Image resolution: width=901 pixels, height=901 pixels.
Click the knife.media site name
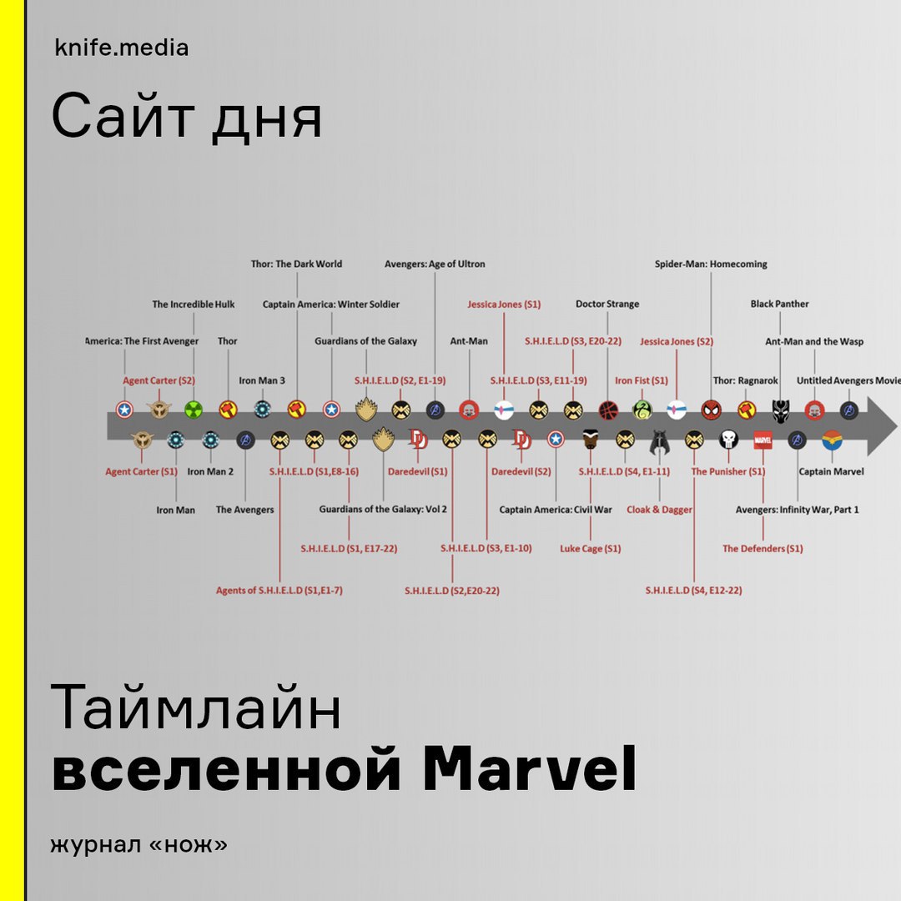pos(121,48)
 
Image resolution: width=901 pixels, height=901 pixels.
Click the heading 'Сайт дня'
pos(187,118)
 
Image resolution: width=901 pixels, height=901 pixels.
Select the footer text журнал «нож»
pos(138,844)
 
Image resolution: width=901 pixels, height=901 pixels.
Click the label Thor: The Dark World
pos(296,264)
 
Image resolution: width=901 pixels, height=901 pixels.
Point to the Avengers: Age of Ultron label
pos(435,264)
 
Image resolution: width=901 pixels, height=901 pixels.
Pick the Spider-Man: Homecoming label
pos(711,264)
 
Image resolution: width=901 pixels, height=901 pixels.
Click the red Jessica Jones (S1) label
pos(504,304)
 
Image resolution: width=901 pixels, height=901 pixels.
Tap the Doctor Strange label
pos(607,304)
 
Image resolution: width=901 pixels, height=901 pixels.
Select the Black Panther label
pos(780,304)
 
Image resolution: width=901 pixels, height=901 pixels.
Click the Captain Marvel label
pos(832,471)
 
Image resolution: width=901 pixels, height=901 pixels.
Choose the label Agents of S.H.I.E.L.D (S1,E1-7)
pos(279,590)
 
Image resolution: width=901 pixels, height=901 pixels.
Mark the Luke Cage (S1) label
pos(591,549)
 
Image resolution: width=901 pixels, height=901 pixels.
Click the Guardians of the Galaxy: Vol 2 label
pos(383,509)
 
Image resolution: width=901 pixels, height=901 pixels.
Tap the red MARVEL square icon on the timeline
pos(763,440)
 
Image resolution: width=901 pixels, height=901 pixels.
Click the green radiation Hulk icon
pos(194,410)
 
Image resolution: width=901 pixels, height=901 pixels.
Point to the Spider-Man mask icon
pos(712,410)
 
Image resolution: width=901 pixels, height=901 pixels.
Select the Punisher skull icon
pos(728,440)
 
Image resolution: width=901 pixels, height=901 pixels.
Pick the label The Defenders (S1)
pos(763,549)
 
